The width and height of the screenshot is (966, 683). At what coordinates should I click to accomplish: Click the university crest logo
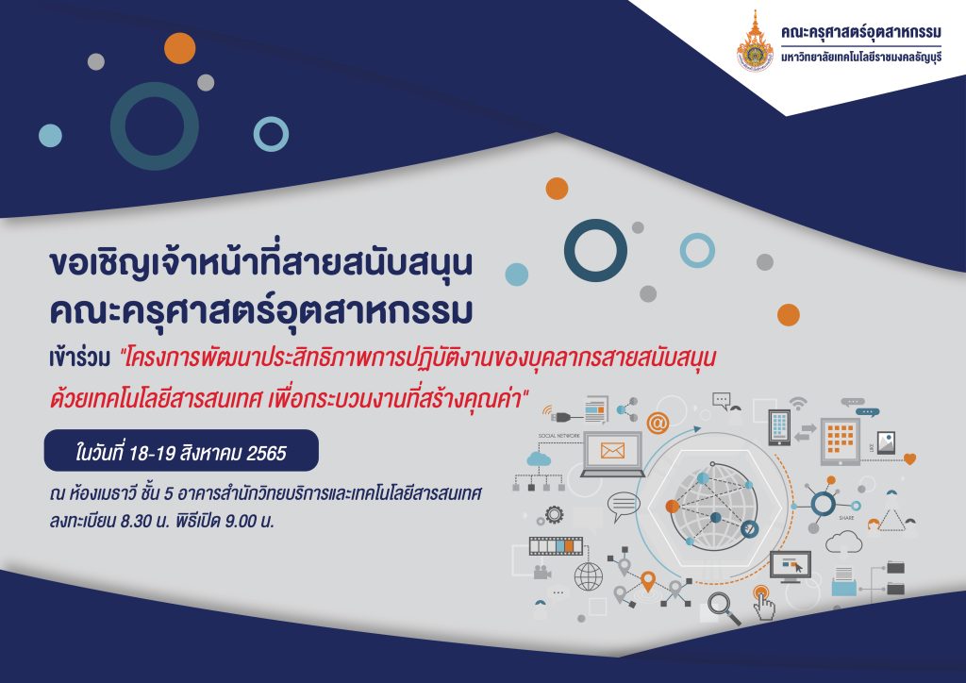[x=755, y=42]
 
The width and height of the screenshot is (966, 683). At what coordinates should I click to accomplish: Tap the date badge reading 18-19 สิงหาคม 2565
[x=181, y=451]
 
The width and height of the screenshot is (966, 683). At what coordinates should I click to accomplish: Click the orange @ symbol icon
[x=658, y=424]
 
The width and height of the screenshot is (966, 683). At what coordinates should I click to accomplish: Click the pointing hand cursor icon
[x=763, y=602]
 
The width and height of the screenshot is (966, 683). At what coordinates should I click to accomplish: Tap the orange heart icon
[x=909, y=458]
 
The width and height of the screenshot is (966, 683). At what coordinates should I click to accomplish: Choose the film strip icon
[x=556, y=545]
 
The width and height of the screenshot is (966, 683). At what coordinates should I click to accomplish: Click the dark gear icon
[x=554, y=514]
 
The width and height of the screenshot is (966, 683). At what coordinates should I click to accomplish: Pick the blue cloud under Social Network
[x=539, y=458]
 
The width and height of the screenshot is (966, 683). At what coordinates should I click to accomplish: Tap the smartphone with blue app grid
[x=778, y=426]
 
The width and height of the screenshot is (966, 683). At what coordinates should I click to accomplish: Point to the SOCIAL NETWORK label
[x=558, y=436]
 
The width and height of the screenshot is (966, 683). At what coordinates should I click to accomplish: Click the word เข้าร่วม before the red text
[x=79, y=358]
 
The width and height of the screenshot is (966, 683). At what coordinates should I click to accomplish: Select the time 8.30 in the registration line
[x=136, y=521]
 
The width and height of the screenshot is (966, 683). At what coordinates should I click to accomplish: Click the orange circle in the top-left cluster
[x=180, y=48]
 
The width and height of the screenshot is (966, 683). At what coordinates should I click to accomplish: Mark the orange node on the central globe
[x=672, y=507]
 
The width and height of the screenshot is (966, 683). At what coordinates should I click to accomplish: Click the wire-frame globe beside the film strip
[x=589, y=577]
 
